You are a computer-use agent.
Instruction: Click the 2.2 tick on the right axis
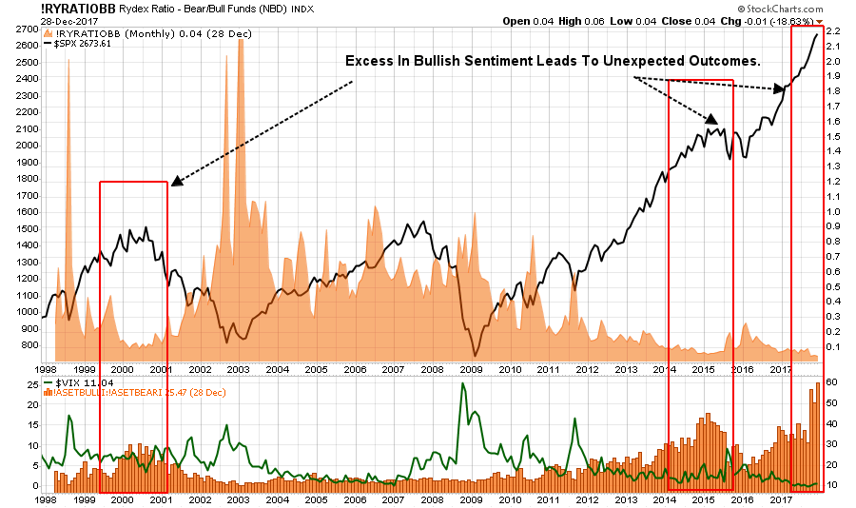coord(832,31)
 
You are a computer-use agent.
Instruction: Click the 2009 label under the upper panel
coord(471,368)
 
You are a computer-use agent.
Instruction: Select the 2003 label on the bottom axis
coord(238,498)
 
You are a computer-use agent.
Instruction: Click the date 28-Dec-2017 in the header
coord(29,21)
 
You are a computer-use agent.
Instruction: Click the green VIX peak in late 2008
coord(463,384)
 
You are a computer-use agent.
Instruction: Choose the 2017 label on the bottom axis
coord(780,498)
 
